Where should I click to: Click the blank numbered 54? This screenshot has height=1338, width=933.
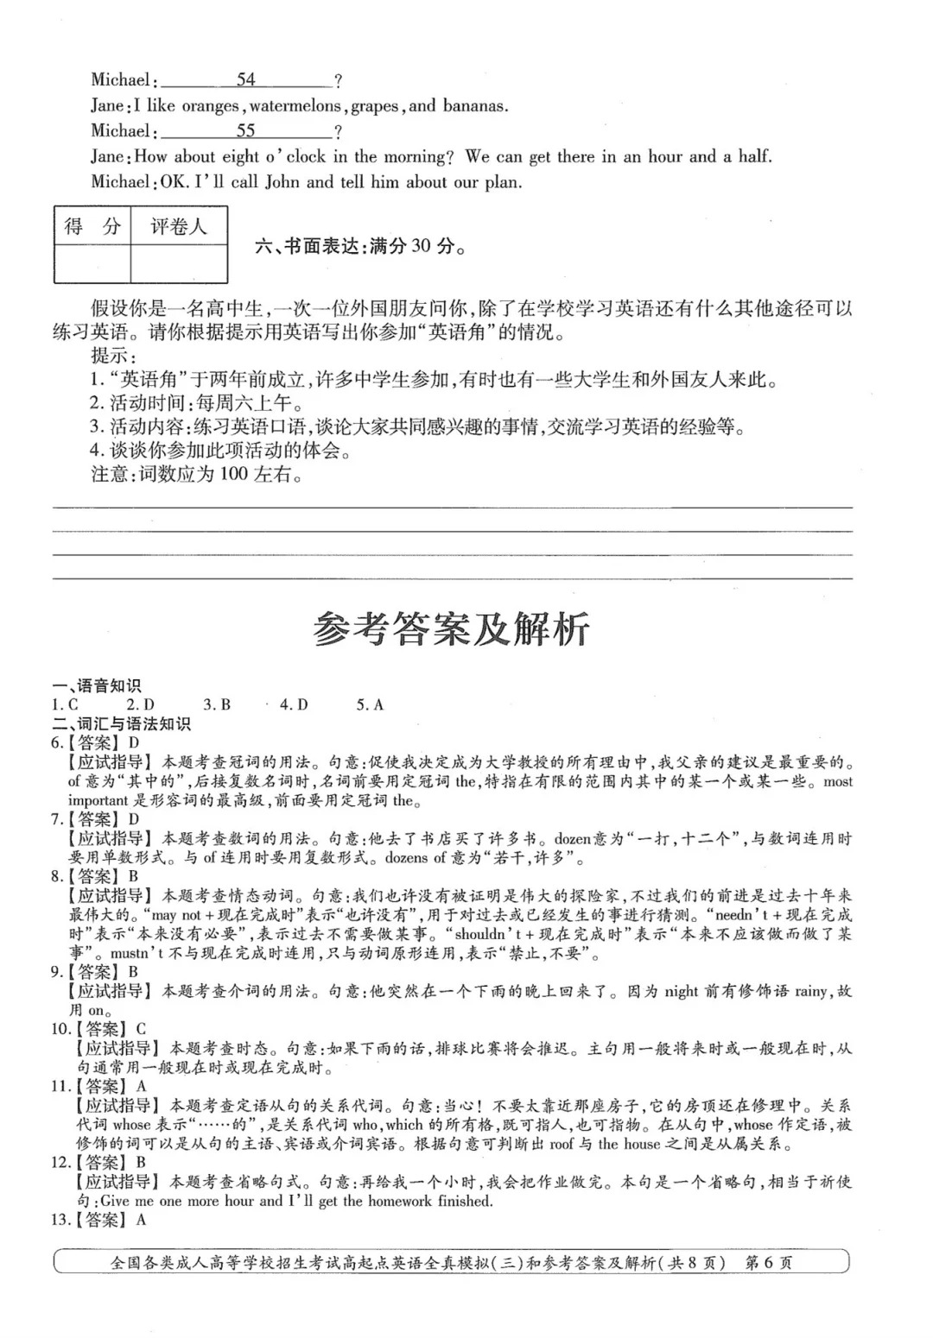(x=246, y=80)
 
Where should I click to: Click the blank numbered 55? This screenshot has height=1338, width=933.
(x=246, y=131)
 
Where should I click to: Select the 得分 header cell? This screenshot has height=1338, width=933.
(x=92, y=227)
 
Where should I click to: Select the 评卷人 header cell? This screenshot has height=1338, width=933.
(x=179, y=227)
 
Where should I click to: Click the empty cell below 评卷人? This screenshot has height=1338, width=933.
(x=179, y=263)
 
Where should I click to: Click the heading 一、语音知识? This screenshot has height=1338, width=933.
(x=97, y=686)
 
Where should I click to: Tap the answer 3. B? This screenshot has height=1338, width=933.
(x=217, y=705)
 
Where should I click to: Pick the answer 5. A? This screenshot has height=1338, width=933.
(x=370, y=705)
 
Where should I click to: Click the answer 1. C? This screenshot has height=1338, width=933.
(x=65, y=705)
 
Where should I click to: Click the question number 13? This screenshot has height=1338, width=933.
(x=60, y=1220)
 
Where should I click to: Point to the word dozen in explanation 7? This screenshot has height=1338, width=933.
(x=571, y=838)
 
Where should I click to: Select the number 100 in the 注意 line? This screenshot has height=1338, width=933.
(x=234, y=474)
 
